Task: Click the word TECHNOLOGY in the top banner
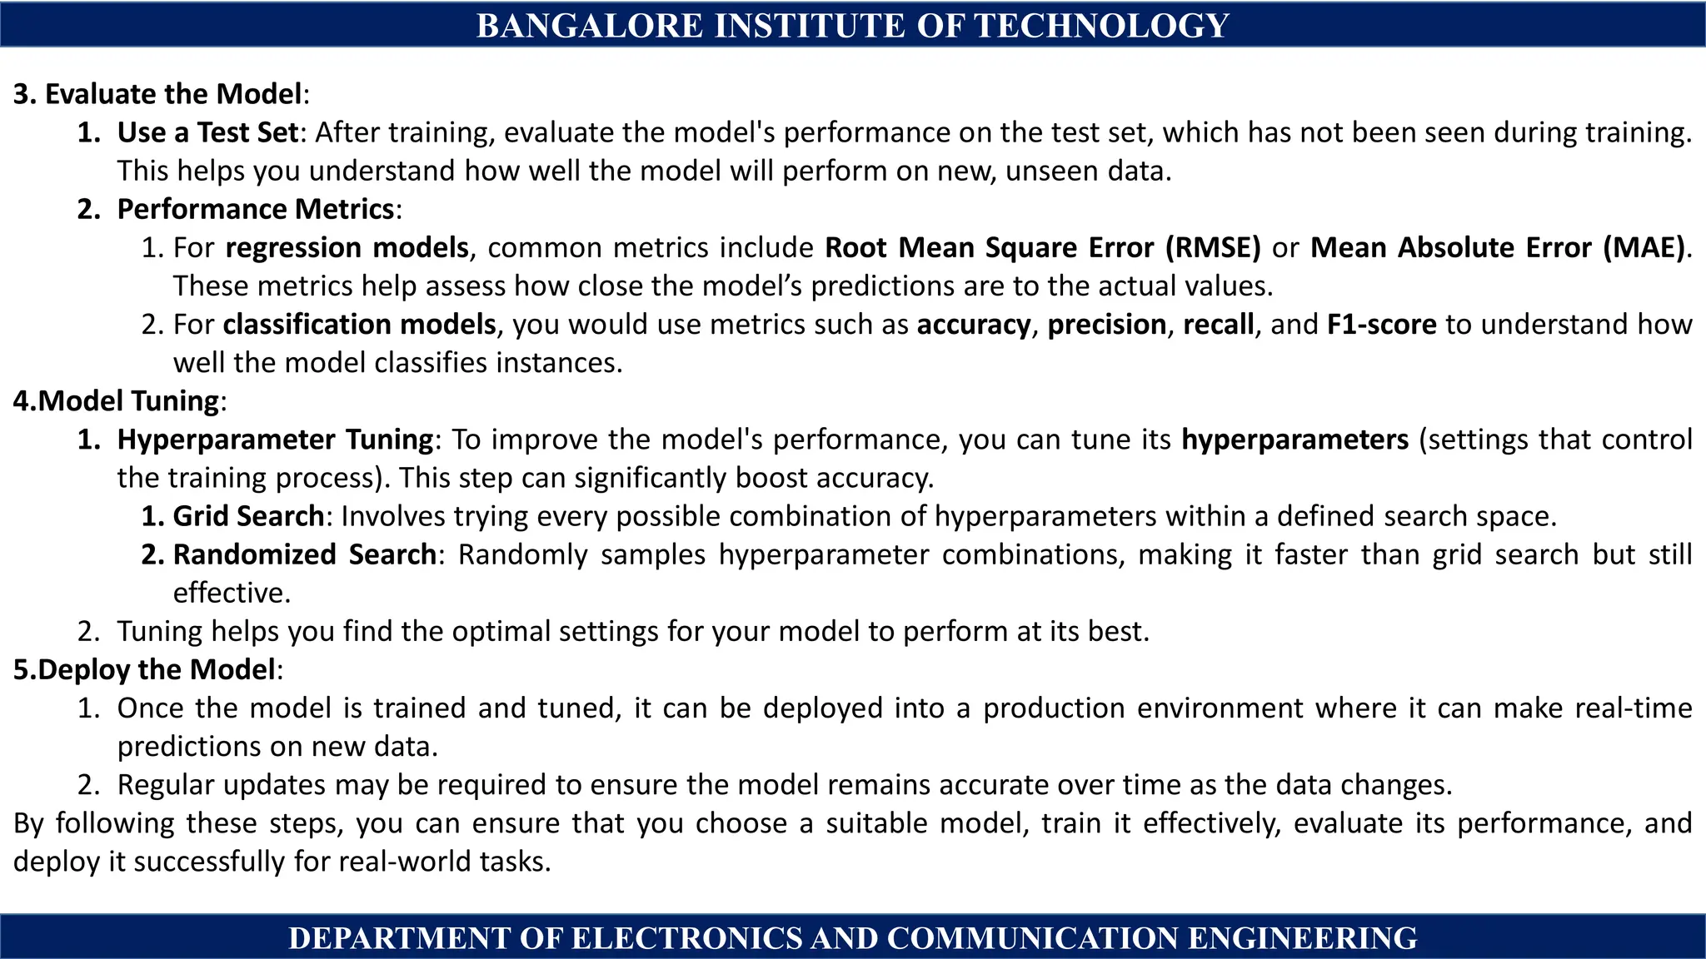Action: click(1102, 26)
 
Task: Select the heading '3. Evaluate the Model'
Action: click(157, 94)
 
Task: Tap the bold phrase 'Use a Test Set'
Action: click(207, 132)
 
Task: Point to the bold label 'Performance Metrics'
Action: click(255, 209)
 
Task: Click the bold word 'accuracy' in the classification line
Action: click(973, 324)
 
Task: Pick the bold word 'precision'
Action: click(1106, 324)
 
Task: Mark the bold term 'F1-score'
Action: click(1381, 324)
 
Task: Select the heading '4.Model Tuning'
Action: click(116, 400)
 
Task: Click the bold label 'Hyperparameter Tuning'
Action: click(275, 439)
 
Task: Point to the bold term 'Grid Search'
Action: click(248, 516)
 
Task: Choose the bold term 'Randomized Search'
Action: click(304, 554)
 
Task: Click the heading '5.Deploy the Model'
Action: click(144, 669)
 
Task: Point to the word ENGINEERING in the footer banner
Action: click(1302, 938)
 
